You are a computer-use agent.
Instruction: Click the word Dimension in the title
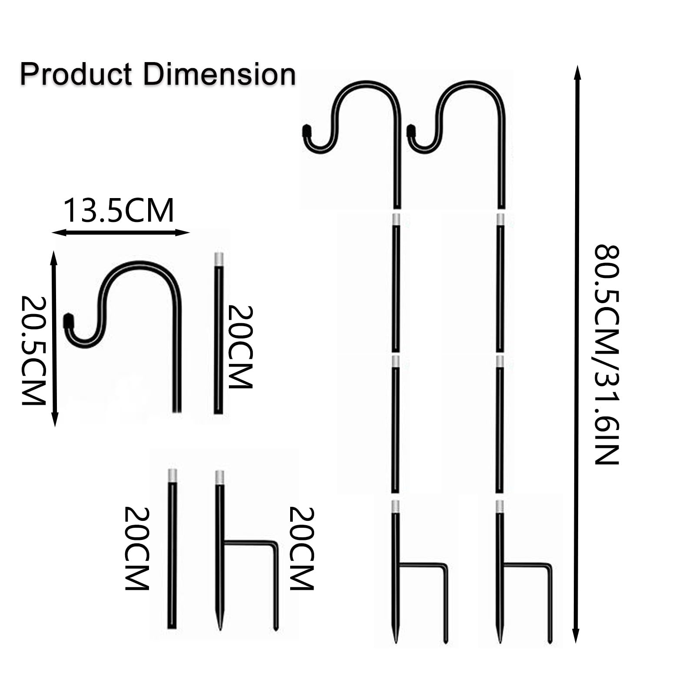(x=220, y=74)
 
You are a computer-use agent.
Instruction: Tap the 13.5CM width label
(x=119, y=211)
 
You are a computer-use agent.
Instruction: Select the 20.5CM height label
(x=34, y=351)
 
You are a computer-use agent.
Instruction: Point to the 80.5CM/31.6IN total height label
(x=606, y=355)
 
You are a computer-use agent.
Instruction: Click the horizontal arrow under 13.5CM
(x=121, y=233)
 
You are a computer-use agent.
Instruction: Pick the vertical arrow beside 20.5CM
(x=54, y=339)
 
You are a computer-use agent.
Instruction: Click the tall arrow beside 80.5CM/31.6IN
(x=577, y=354)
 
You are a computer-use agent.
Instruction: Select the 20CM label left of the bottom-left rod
(x=137, y=549)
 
